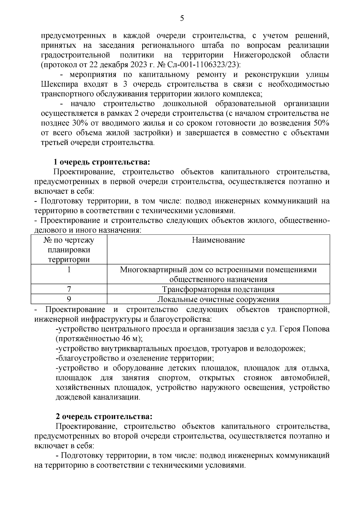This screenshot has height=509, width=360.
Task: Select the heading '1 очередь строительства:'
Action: click(101, 163)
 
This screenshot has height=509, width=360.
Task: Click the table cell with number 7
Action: click(69, 289)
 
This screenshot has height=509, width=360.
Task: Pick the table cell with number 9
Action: click(69, 299)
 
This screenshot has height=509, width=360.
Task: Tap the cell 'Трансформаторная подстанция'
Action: click(218, 289)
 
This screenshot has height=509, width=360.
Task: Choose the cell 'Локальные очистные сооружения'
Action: click(218, 299)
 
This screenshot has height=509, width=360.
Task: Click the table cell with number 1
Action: click(69, 270)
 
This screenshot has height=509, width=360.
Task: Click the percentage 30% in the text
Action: click(79, 123)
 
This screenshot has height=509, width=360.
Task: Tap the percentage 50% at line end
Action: click(321, 123)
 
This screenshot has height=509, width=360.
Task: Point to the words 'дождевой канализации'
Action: click(97, 397)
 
